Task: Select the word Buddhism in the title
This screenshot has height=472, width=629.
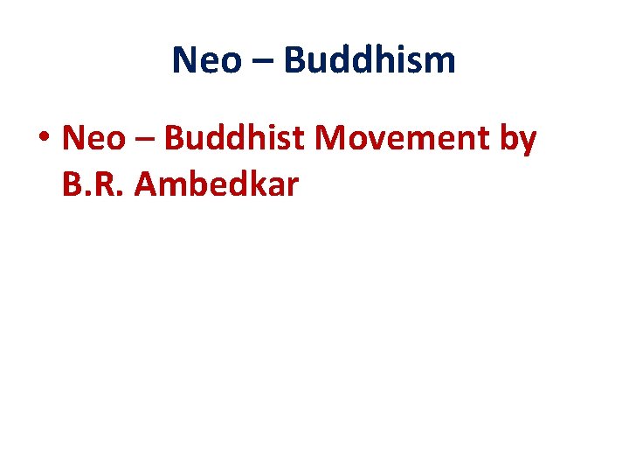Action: (x=370, y=60)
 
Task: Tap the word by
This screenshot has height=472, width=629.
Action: (x=518, y=140)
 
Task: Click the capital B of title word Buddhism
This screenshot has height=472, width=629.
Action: (x=294, y=60)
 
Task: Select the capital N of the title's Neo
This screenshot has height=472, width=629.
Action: (x=184, y=60)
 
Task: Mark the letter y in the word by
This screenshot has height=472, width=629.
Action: (x=528, y=142)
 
